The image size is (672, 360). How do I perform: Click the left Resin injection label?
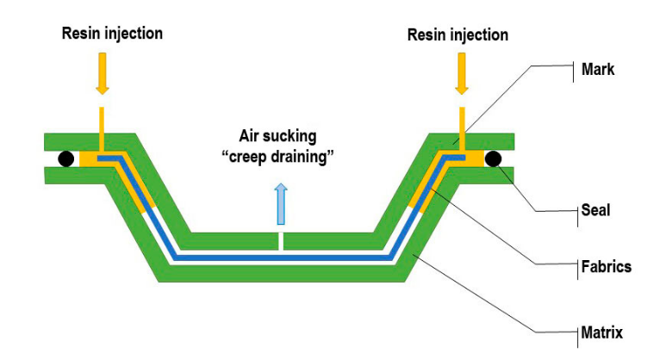pyautogui.click(x=112, y=34)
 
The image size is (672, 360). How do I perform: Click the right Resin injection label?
pyautogui.click(x=457, y=34)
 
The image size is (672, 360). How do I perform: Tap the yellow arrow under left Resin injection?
pyautogui.click(x=102, y=74)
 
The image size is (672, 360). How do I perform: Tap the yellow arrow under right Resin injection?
pyautogui.click(x=462, y=74)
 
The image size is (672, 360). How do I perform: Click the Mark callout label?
pyautogui.click(x=598, y=69)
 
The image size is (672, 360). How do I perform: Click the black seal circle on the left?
pyautogui.click(x=65, y=158)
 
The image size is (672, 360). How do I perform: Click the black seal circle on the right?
pyautogui.click(x=494, y=158)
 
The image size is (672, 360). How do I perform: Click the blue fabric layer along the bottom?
pyautogui.click(x=281, y=257)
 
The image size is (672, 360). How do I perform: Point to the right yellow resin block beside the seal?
pyautogui.click(x=474, y=159)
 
